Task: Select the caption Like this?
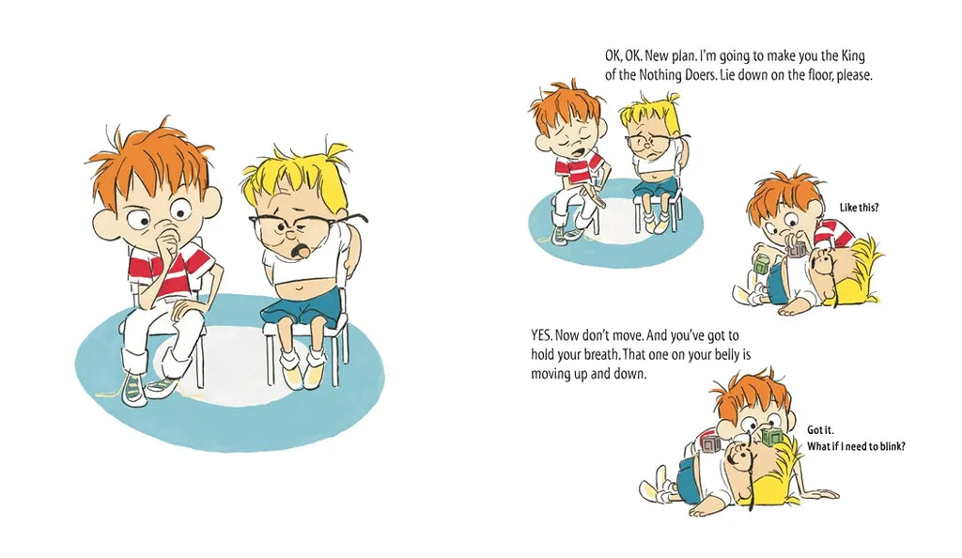click(859, 208)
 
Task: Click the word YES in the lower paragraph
click(542, 336)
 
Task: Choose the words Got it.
click(820, 430)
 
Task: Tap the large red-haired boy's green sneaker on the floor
click(136, 388)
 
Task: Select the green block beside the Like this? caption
click(761, 265)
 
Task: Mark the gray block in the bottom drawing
click(712, 443)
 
